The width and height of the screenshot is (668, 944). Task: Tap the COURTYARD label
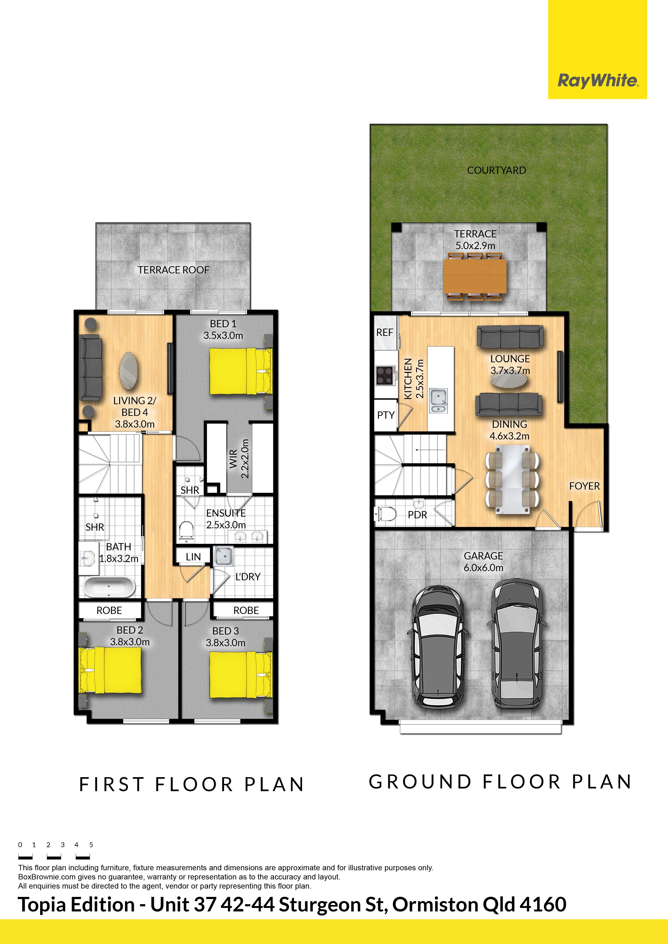tap(496, 170)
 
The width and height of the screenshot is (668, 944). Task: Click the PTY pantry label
tap(386, 415)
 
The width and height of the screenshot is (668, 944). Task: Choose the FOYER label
tap(584, 486)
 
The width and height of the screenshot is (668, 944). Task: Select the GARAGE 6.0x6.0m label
tap(483, 562)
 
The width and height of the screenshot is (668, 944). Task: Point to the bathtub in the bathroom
tap(109, 587)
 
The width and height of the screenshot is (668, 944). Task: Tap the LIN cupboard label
tap(193, 557)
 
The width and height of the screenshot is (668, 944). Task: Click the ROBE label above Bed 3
tap(246, 611)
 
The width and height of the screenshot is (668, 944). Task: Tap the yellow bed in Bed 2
tap(110, 670)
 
